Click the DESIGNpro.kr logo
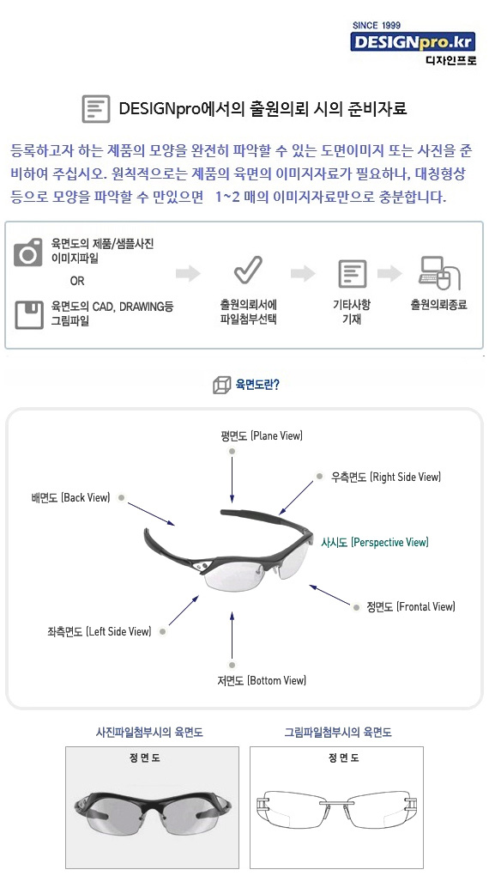[413, 42]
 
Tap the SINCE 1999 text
[376, 25]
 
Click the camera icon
[28, 252]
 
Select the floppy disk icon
[28, 314]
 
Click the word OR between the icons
[77, 281]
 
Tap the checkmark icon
[248, 270]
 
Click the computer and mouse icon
[439, 273]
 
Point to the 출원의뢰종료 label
[438, 305]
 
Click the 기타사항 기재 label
[351, 313]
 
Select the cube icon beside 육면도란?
[221, 386]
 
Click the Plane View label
[262, 436]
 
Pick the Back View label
[71, 498]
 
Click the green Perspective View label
[375, 542]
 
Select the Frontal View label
[411, 606]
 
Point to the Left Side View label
[100, 631]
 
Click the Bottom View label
[262, 681]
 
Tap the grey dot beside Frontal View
[356, 607]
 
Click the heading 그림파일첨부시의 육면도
[338, 732]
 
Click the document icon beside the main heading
[96, 108]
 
